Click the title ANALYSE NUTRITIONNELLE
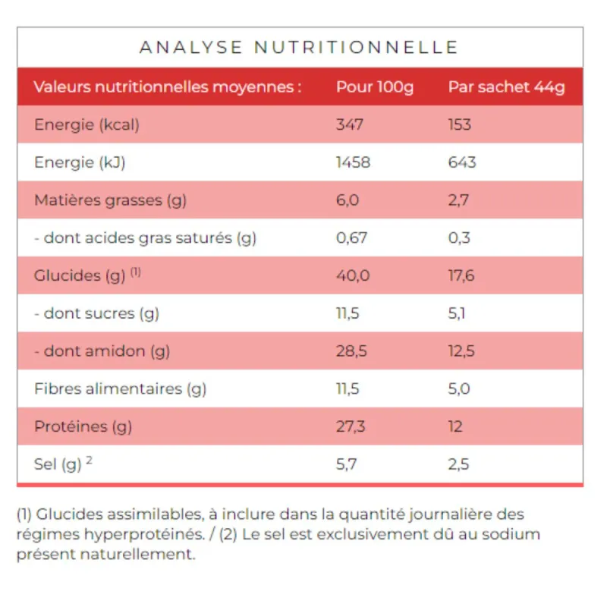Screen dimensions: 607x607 [299, 47]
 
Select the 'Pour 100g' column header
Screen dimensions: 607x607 [375, 86]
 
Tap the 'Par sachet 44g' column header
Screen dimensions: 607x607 [506, 86]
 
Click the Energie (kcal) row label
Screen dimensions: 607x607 [86, 124]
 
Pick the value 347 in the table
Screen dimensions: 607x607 [351, 124]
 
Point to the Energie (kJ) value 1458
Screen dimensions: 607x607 [354, 162]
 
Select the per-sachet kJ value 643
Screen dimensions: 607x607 [462, 162]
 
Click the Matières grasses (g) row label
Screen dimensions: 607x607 [110, 200]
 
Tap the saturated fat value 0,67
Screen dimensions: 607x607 [352, 238]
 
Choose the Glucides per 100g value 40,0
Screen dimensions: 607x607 [353, 275]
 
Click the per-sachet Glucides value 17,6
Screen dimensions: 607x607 [461, 275]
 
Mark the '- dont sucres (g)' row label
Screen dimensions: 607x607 [96, 313]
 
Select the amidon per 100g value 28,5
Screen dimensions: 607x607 [352, 351]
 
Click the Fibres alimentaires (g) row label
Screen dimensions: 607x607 [120, 389]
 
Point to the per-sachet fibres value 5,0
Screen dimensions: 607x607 [459, 389]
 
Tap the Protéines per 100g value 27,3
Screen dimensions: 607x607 [351, 426]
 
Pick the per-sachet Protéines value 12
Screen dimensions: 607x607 [455, 426]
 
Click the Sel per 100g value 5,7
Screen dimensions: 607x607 [347, 464]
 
